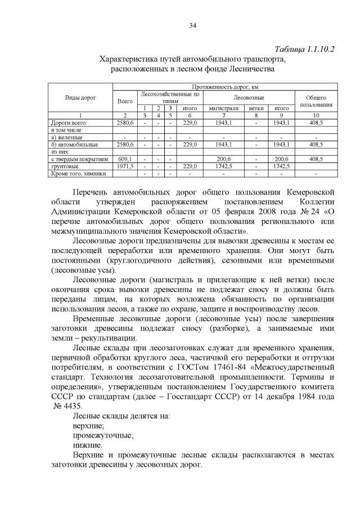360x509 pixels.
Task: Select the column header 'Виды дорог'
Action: click(x=81, y=98)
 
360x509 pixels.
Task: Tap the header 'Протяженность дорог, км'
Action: click(x=225, y=87)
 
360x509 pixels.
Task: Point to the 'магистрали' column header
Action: click(x=224, y=108)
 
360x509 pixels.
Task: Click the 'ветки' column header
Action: click(x=256, y=108)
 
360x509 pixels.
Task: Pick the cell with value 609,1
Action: click(x=124, y=159)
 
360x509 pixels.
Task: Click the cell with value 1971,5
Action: click(x=124, y=166)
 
